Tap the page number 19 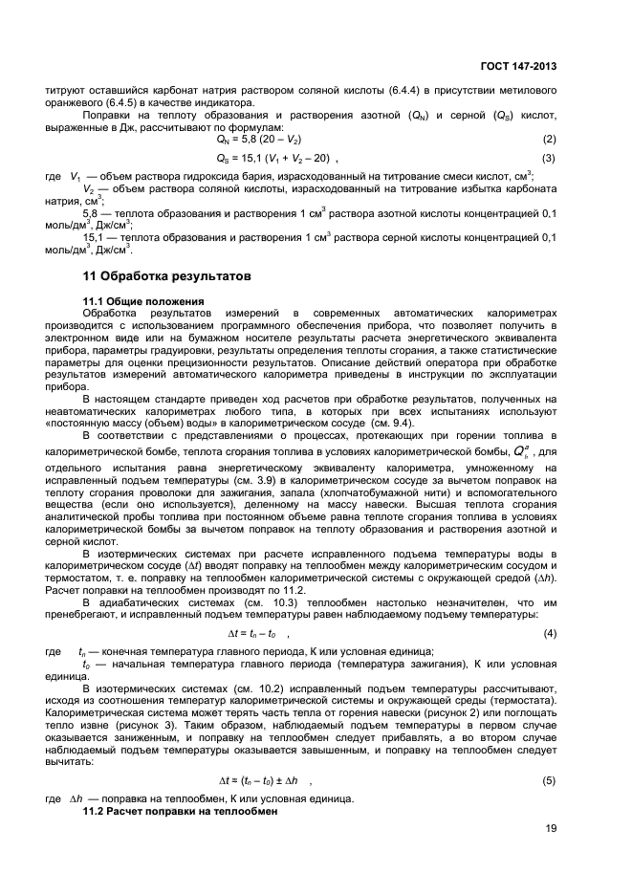tap(551, 829)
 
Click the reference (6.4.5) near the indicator tap(114, 102)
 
